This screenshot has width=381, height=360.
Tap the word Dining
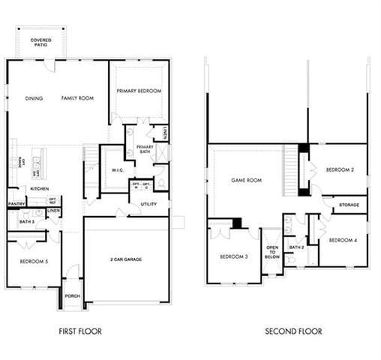click(34, 98)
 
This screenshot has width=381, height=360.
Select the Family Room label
click(77, 98)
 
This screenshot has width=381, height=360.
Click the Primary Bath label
click(145, 148)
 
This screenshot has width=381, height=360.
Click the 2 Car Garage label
click(127, 259)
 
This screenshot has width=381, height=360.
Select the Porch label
click(72, 295)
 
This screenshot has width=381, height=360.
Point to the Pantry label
click(16, 203)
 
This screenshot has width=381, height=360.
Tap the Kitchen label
click(39, 188)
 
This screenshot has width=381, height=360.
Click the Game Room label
click(246, 180)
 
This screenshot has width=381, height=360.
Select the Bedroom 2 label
click(340, 169)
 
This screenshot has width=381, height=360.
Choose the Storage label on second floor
click(349, 204)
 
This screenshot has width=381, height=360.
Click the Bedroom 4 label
click(342, 239)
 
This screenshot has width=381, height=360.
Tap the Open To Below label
click(273, 252)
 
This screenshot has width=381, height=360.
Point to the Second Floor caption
click(293, 331)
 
